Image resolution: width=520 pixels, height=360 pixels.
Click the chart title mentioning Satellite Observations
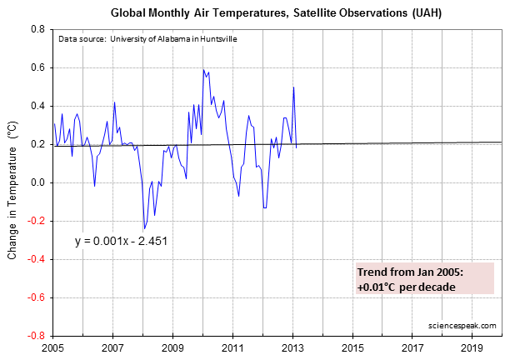(265, 14)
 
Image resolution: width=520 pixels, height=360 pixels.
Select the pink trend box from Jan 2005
(425, 278)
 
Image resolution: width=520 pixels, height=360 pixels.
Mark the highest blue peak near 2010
(203, 70)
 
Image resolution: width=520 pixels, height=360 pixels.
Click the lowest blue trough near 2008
(144, 228)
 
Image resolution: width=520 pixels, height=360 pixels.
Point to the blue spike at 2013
(293, 87)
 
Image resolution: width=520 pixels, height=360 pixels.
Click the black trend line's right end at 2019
(472, 142)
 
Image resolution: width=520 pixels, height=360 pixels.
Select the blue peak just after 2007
(114, 102)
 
